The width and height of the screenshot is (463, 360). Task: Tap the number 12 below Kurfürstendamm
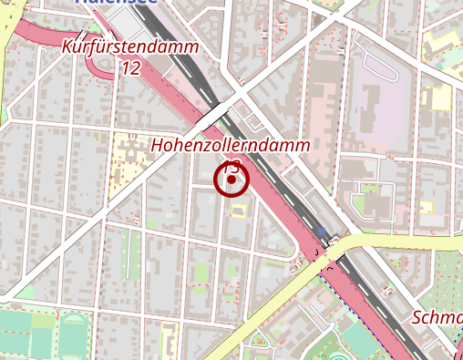click(x=130, y=67)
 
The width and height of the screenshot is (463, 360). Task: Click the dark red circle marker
click(x=231, y=180)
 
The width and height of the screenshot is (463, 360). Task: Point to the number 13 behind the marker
click(x=231, y=166)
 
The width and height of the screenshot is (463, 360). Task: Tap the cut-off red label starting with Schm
click(x=437, y=317)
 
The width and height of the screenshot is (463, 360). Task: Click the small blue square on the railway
click(x=321, y=231)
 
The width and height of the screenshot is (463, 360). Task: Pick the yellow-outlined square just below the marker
click(x=239, y=211)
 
